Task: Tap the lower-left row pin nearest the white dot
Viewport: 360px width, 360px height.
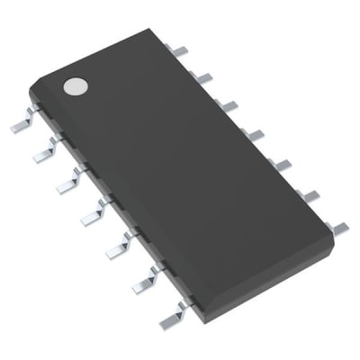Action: (x=22, y=125)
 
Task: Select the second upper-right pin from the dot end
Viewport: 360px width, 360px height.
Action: (x=203, y=78)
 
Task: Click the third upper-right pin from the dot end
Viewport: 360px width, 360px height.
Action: (x=229, y=105)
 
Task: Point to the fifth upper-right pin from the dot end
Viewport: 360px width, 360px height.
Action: (x=282, y=163)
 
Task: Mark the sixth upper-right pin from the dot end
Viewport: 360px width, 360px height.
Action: (x=310, y=193)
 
